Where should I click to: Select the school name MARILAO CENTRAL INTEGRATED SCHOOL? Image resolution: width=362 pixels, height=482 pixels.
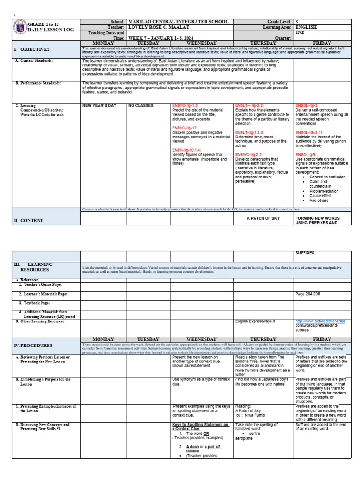178,22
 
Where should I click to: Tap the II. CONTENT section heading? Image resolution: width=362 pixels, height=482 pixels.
28,220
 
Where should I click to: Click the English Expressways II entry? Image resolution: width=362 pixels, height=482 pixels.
255,321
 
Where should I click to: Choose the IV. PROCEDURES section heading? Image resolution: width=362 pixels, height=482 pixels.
33,345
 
